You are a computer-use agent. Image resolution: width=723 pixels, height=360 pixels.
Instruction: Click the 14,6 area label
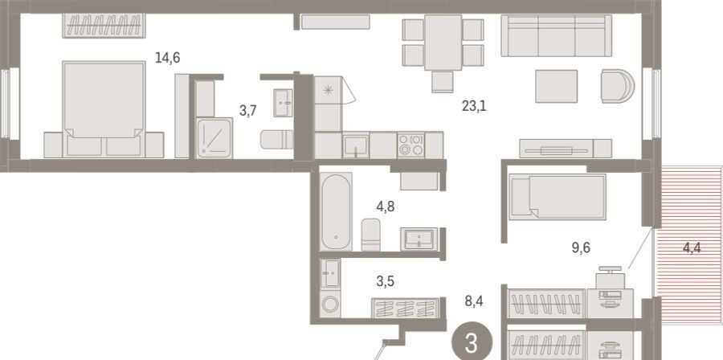[x=167, y=59]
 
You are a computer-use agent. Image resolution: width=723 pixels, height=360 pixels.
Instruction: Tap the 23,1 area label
[x=474, y=107]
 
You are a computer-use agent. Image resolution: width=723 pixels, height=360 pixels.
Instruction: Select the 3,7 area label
[x=248, y=111]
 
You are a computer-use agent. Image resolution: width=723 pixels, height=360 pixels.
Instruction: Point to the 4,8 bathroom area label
[x=385, y=207]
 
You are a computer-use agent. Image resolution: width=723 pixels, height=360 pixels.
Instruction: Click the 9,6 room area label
[x=581, y=248]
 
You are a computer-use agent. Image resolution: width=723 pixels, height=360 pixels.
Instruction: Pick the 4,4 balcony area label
[x=692, y=248]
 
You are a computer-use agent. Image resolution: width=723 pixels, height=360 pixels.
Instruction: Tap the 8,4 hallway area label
[x=474, y=302]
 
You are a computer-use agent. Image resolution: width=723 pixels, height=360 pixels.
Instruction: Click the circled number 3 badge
[x=472, y=342]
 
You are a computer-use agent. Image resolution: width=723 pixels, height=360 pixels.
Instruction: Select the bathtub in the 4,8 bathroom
[x=336, y=211]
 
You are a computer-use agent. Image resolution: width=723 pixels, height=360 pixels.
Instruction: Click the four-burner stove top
[x=411, y=145]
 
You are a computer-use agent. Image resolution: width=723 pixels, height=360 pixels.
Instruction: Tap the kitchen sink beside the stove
[x=356, y=145]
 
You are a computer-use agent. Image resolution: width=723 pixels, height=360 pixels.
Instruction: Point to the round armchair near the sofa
[x=618, y=86]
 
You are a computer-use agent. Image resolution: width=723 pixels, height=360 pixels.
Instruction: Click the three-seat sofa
[x=557, y=35]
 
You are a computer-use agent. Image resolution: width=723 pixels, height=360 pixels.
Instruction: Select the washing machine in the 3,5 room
[x=331, y=305]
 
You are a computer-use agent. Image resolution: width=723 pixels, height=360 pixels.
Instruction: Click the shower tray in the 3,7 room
[x=214, y=138]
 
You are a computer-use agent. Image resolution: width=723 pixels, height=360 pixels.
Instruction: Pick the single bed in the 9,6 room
[x=558, y=197]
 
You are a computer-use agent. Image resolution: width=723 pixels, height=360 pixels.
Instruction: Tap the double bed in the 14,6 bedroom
[x=104, y=109]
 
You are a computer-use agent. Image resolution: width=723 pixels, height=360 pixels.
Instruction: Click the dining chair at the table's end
[x=443, y=82]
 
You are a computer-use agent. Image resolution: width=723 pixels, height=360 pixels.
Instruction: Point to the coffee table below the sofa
[x=557, y=86]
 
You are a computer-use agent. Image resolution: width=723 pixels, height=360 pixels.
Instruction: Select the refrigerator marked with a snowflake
[x=328, y=104]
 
